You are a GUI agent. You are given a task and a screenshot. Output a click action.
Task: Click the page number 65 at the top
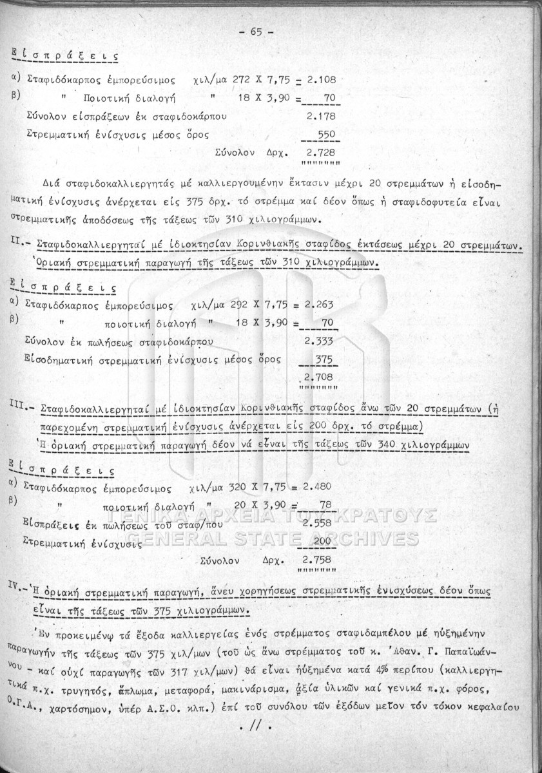pyautogui.click(x=256, y=32)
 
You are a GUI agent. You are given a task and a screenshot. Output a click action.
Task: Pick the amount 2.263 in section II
pyautogui.click(x=319, y=305)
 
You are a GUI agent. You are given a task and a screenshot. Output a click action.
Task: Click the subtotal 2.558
pyautogui.click(x=316, y=524)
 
